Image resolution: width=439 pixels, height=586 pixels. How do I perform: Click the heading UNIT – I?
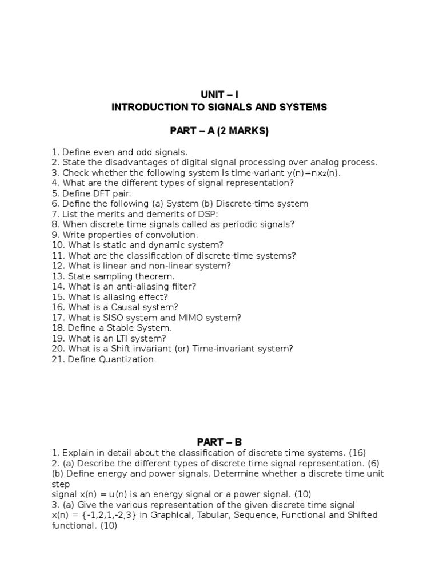219,94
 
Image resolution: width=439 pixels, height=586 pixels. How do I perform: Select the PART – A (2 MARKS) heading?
219,132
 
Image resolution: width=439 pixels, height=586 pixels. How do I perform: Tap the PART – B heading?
219,442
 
